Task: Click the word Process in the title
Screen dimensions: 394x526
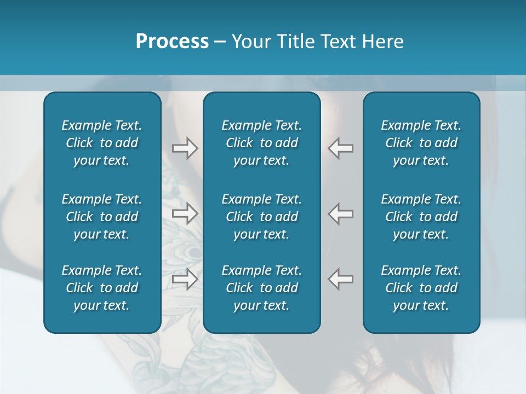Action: pyautogui.click(x=172, y=41)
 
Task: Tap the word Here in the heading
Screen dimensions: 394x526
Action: pyautogui.click(x=382, y=41)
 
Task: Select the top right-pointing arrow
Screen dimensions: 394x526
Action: pyautogui.click(x=185, y=148)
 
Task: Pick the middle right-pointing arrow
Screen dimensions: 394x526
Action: pyautogui.click(x=185, y=213)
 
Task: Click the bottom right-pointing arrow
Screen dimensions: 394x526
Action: pyautogui.click(x=185, y=279)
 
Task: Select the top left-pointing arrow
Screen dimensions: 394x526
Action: pyautogui.click(x=341, y=148)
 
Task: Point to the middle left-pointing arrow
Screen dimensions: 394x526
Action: pyautogui.click(x=341, y=213)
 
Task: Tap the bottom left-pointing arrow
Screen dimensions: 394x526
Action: pyautogui.click(x=341, y=279)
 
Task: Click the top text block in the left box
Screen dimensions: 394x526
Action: pyautogui.click(x=102, y=143)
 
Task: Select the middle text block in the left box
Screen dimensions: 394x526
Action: pyautogui.click(x=102, y=217)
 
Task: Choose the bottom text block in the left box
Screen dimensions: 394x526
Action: pyautogui.click(x=102, y=288)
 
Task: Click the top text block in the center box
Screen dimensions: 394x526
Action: pyautogui.click(x=261, y=143)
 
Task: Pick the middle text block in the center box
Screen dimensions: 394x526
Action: pyautogui.click(x=261, y=217)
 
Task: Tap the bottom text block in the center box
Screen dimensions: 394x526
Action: pyautogui.click(x=261, y=288)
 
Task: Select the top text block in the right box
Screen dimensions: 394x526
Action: pyautogui.click(x=421, y=143)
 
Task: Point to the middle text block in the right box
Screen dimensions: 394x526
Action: pyautogui.click(x=421, y=217)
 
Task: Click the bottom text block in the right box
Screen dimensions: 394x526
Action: pyautogui.click(x=421, y=288)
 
